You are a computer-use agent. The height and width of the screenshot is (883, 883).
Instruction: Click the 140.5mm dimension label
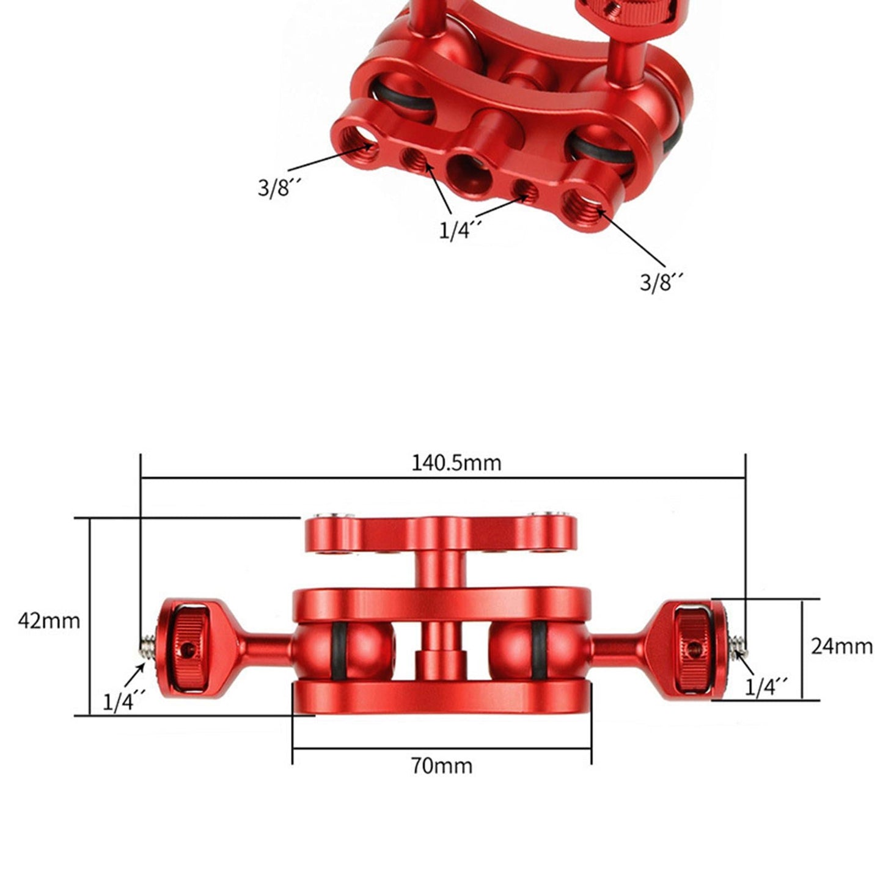pyautogui.click(x=455, y=463)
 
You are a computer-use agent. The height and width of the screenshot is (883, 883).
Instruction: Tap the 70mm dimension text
pyautogui.click(x=441, y=766)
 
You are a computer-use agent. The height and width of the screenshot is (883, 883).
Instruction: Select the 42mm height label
pyautogui.click(x=49, y=621)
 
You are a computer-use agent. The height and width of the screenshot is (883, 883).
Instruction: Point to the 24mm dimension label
pyautogui.click(x=841, y=646)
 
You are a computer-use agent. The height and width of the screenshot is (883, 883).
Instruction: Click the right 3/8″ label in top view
pyautogui.click(x=661, y=282)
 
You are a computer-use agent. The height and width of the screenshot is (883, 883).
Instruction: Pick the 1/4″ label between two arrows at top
pyautogui.click(x=460, y=230)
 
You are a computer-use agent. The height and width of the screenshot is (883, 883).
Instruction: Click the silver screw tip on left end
pyautogui.click(x=147, y=643)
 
